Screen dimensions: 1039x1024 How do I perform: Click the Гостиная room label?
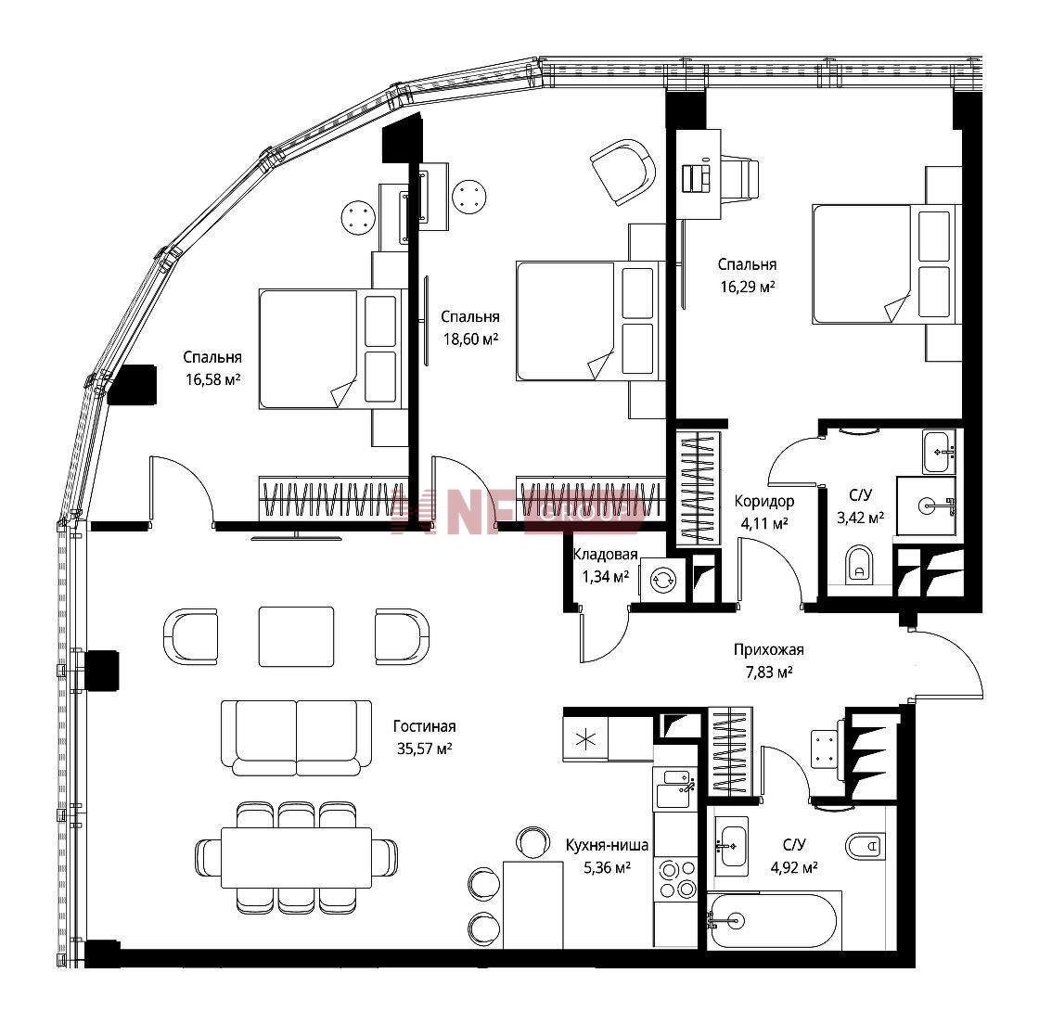[x=424, y=726]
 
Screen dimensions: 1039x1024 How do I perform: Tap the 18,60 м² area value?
[x=470, y=339]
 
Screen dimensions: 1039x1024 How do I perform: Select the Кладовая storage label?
[x=605, y=555]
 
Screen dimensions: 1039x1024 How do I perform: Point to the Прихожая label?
[x=769, y=650]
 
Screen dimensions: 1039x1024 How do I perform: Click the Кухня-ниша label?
[x=607, y=845]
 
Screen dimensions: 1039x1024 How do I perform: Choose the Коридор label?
[x=764, y=502]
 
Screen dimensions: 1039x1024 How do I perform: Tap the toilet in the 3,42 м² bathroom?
[x=859, y=564]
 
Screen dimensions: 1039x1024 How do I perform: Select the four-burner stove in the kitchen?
[x=676, y=878]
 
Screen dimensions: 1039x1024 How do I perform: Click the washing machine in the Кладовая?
[x=661, y=581]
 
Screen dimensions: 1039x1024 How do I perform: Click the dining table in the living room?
[x=296, y=857]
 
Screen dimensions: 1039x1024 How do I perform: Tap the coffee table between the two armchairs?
[x=296, y=636]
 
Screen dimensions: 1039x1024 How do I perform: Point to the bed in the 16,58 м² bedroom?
[x=331, y=349]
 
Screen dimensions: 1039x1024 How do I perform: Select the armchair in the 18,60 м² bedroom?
[x=622, y=173]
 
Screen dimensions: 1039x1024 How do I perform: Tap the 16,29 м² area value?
[x=748, y=288]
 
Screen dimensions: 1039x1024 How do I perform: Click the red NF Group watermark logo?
[x=517, y=511]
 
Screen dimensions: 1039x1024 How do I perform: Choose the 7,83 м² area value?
[x=769, y=673]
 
